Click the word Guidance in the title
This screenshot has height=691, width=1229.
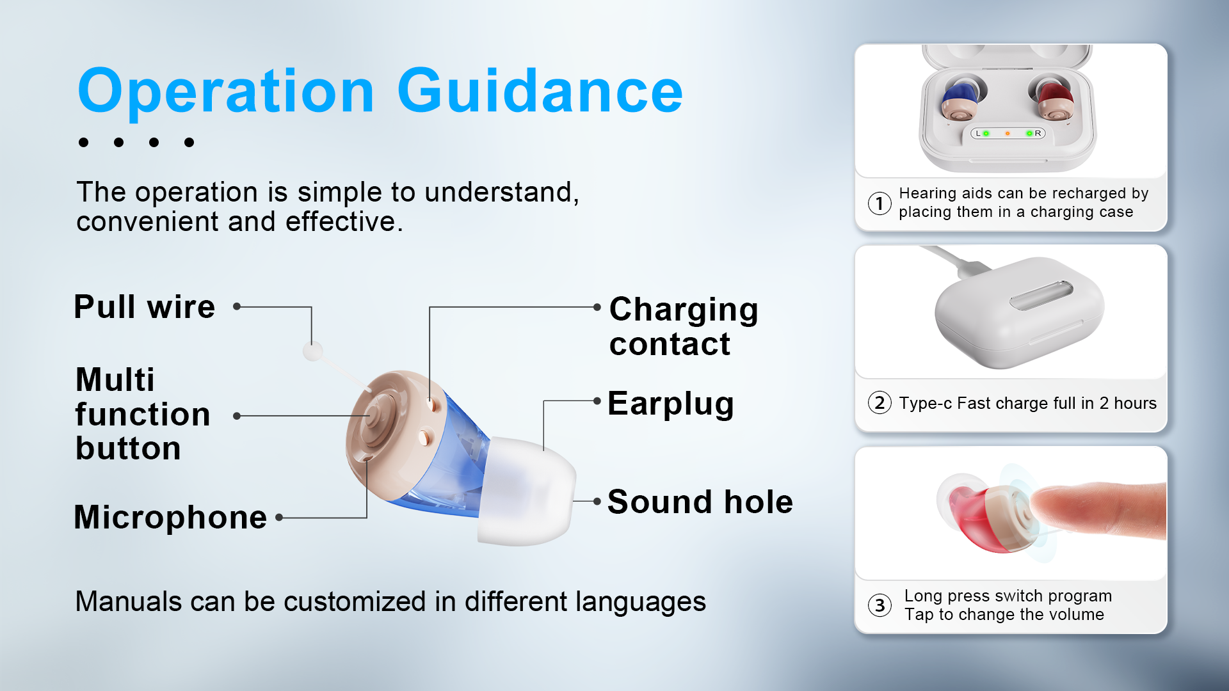click(540, 91)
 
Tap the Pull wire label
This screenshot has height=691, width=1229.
click(144, 306)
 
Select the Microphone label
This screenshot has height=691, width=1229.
click(170, 517)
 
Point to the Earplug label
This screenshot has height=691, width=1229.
click(670, 404)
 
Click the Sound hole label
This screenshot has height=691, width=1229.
click(700, 502)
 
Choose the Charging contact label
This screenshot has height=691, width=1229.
click(683, 326)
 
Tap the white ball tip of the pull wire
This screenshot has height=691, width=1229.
click(312, 351)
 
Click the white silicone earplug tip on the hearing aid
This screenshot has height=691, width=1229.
click(526, 491)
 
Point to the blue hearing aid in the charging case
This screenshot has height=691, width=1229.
click(960, 101)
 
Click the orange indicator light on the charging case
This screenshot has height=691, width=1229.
click(1008, 134)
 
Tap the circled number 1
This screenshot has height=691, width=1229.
click(880, 203)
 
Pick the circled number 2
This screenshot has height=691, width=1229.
click(880, 403)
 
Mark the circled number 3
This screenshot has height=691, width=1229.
click(880, 605)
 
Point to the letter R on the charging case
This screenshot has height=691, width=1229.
click(1038, 134)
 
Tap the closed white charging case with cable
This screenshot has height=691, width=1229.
click(1019, 312)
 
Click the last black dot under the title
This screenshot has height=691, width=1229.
click(189, 142)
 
